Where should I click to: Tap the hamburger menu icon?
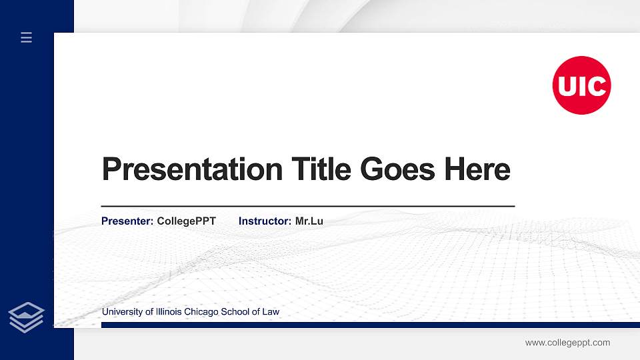[27, 37]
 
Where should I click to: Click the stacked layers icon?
[27, 317]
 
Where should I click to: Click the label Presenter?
[127, 221]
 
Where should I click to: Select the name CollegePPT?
[186, 221]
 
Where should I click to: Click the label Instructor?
[265, 221]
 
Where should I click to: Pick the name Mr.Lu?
[309, 221]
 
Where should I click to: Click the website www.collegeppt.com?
[567, 343]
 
